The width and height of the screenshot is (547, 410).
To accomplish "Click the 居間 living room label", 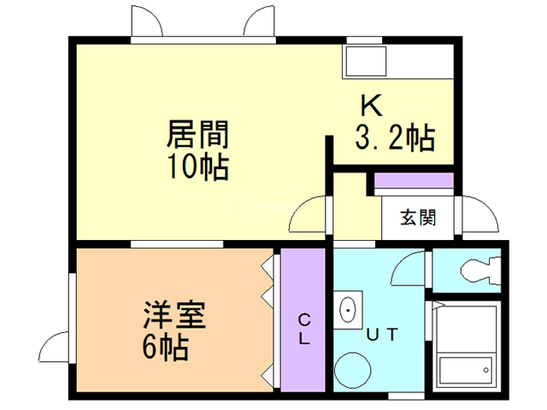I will [x=197, y=135].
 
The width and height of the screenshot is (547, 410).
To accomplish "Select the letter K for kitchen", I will [x=370, y=107].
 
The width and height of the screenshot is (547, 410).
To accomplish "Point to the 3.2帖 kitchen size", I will [x=394, y=137].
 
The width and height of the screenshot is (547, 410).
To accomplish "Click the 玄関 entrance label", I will [x=419, y=216].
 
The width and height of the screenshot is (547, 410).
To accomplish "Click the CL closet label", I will [x=304, y=328].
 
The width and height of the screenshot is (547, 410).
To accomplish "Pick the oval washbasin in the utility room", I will [x=348, y=309].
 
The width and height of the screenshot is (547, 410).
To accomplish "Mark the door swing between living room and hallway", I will [x=309, y=215].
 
